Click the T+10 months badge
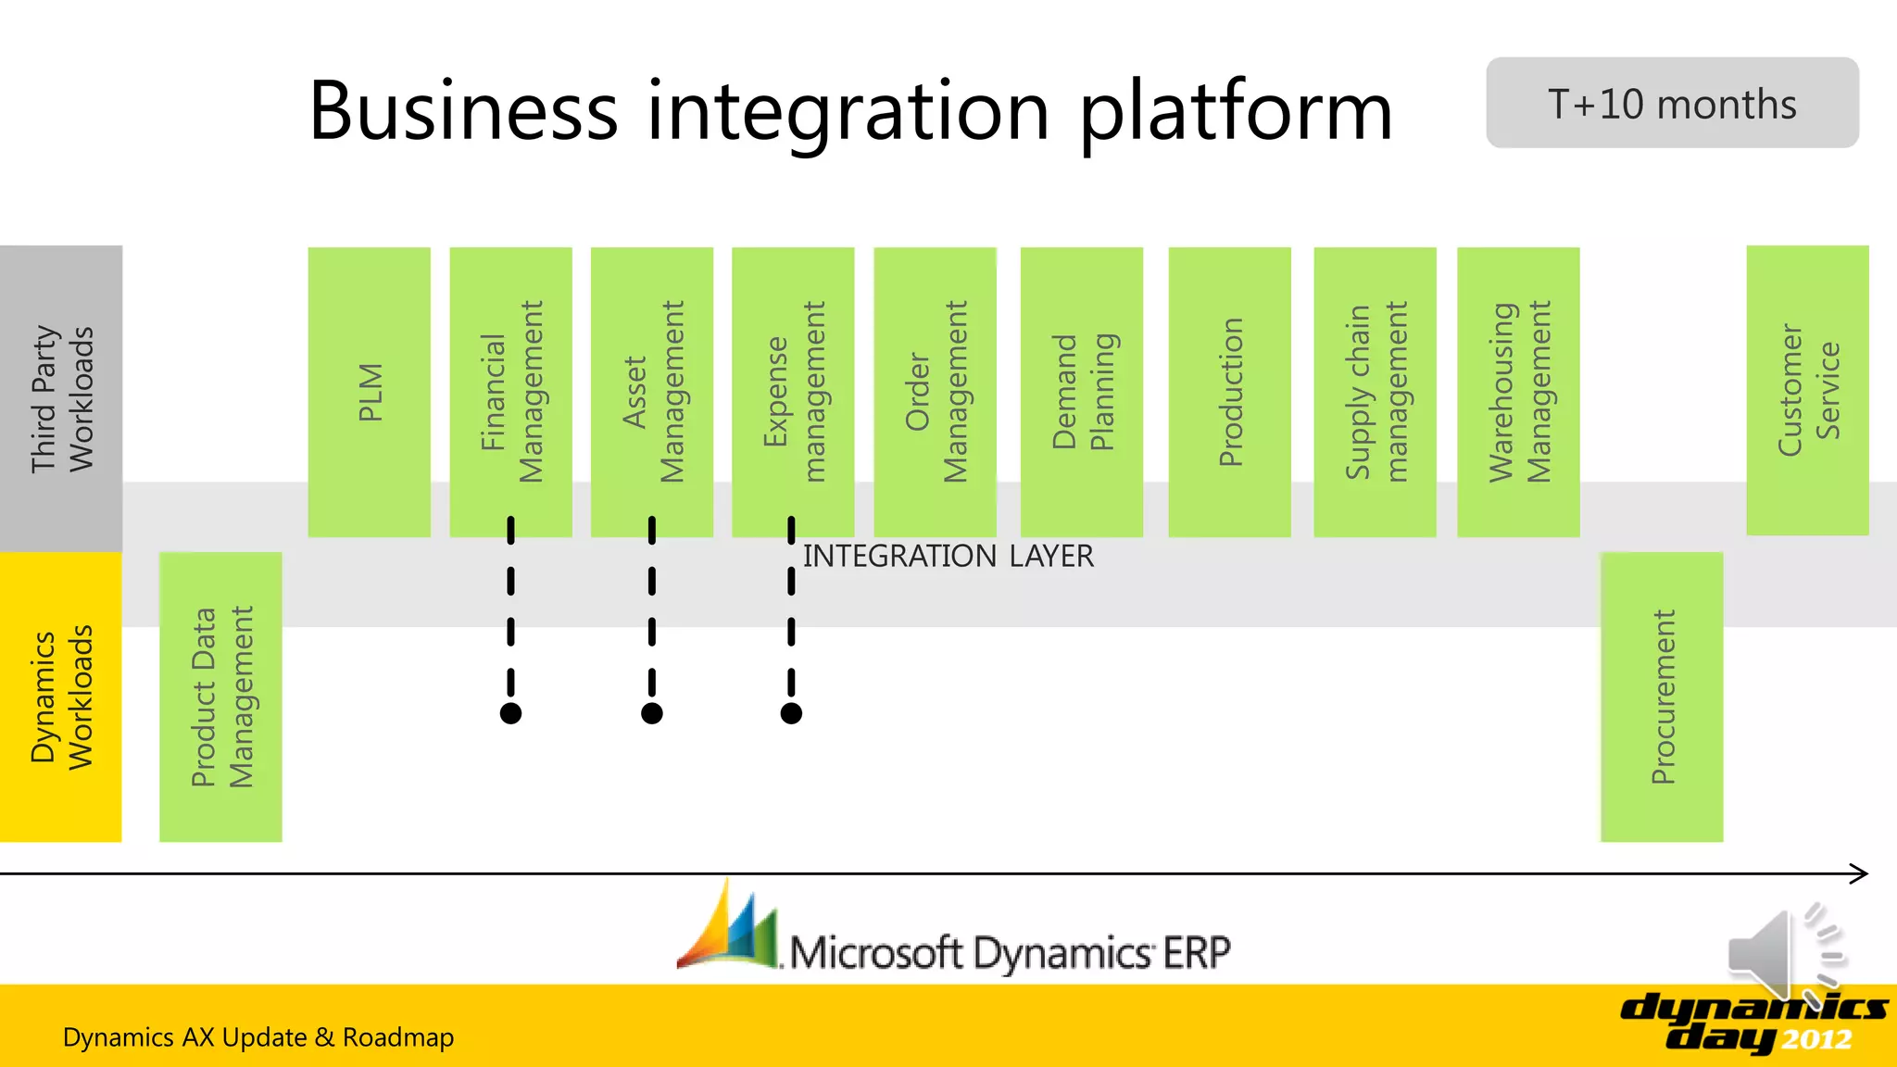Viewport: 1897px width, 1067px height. click(1672, 103)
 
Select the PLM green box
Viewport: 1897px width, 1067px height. click(369, 392)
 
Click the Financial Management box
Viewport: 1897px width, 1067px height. click(510, 392)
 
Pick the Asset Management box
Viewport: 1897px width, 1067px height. click(652, 392)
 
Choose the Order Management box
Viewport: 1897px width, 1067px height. click(935, 392)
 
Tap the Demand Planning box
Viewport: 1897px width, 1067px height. click(1081, 392)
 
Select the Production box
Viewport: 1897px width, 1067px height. click(1229, 392)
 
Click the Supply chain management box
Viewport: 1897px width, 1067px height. click(1375, 392)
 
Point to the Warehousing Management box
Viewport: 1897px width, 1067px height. click(1518, 392)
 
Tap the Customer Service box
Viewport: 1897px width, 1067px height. click(1807, 390)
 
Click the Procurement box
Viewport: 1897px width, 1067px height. click(1662, 697)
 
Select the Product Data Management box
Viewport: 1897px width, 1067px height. click(220, 697)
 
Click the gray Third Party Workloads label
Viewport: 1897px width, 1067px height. click(61, 398)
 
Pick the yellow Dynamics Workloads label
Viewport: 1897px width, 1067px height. click(61, 697)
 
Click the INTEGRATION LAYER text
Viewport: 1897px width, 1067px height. click(948, 556)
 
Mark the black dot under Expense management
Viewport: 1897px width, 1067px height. click(791, 713)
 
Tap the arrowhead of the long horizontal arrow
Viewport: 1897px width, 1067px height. click(1860, 873)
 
